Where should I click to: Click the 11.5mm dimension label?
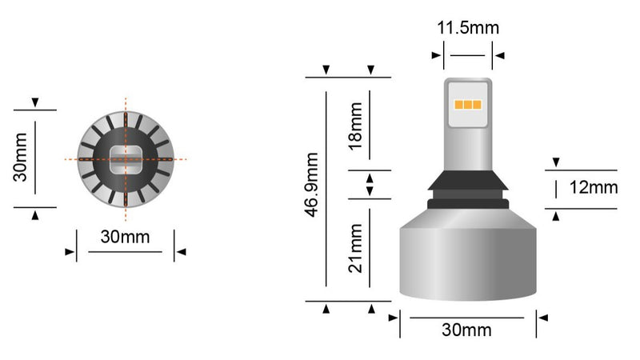click(468, 28)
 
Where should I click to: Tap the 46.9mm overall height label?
click(313, 189)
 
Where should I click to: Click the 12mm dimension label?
click(593, 188)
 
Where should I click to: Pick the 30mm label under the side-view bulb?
click(468, 330)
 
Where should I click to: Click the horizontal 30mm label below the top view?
click(125, 238)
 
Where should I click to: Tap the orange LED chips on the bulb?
click(466, 105)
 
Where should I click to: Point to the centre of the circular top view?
click(126, 159)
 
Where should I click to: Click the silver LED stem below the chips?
click(466, 144)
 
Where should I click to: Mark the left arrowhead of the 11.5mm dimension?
click(437, 56)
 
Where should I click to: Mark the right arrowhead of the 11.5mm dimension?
click(499, 56)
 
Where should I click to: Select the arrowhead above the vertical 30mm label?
click(35, 103)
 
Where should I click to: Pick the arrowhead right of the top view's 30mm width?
click(181, 252)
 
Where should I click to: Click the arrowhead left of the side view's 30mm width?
click(393, 317)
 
